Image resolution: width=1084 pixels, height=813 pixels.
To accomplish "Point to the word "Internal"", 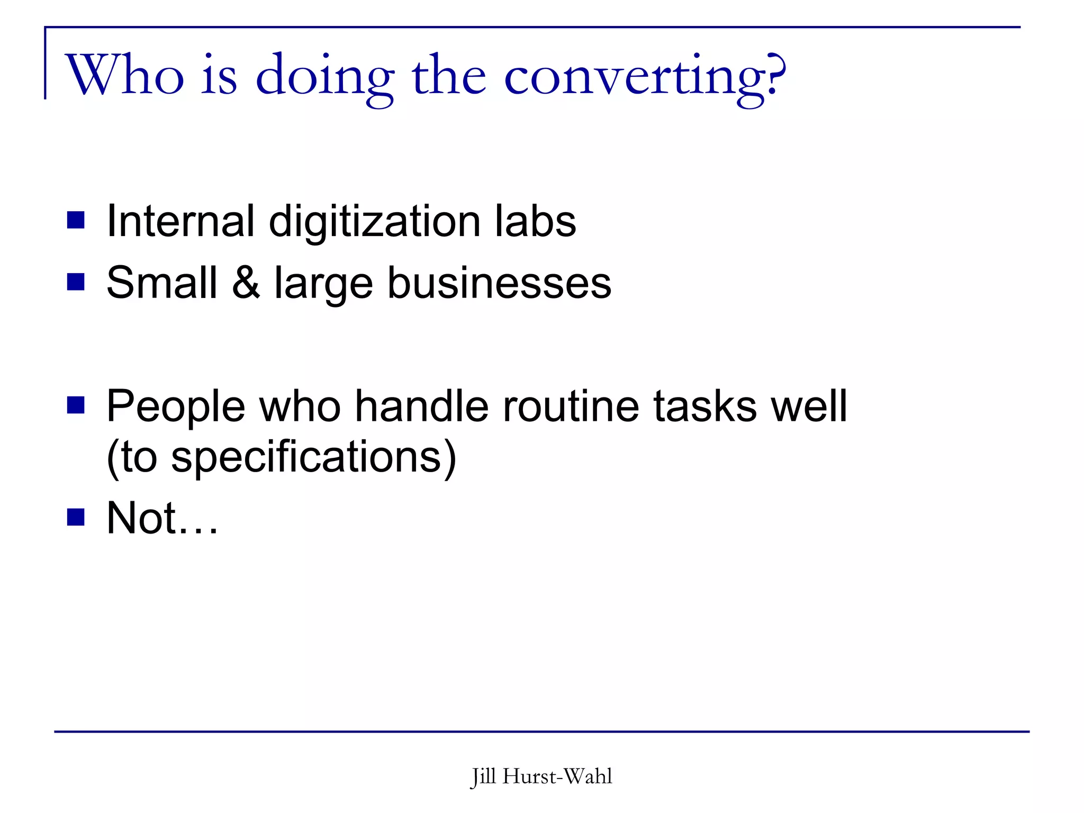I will click(x=180, y=221).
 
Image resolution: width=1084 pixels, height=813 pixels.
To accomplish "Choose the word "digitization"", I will click(x=375, y=222).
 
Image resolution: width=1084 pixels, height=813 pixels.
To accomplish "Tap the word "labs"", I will click(x=535, y=221).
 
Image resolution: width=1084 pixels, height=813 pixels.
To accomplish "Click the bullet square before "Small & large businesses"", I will click(x=76, y=282).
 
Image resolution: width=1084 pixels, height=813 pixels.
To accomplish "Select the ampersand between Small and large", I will click(x=246, y=283).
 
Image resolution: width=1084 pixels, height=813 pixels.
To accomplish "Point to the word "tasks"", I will click(x=705, y=406).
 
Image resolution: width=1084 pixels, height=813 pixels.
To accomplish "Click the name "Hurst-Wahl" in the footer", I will click(x=557, y=776).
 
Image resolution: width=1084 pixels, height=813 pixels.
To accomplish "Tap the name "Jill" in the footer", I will click(x=483, y=777).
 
